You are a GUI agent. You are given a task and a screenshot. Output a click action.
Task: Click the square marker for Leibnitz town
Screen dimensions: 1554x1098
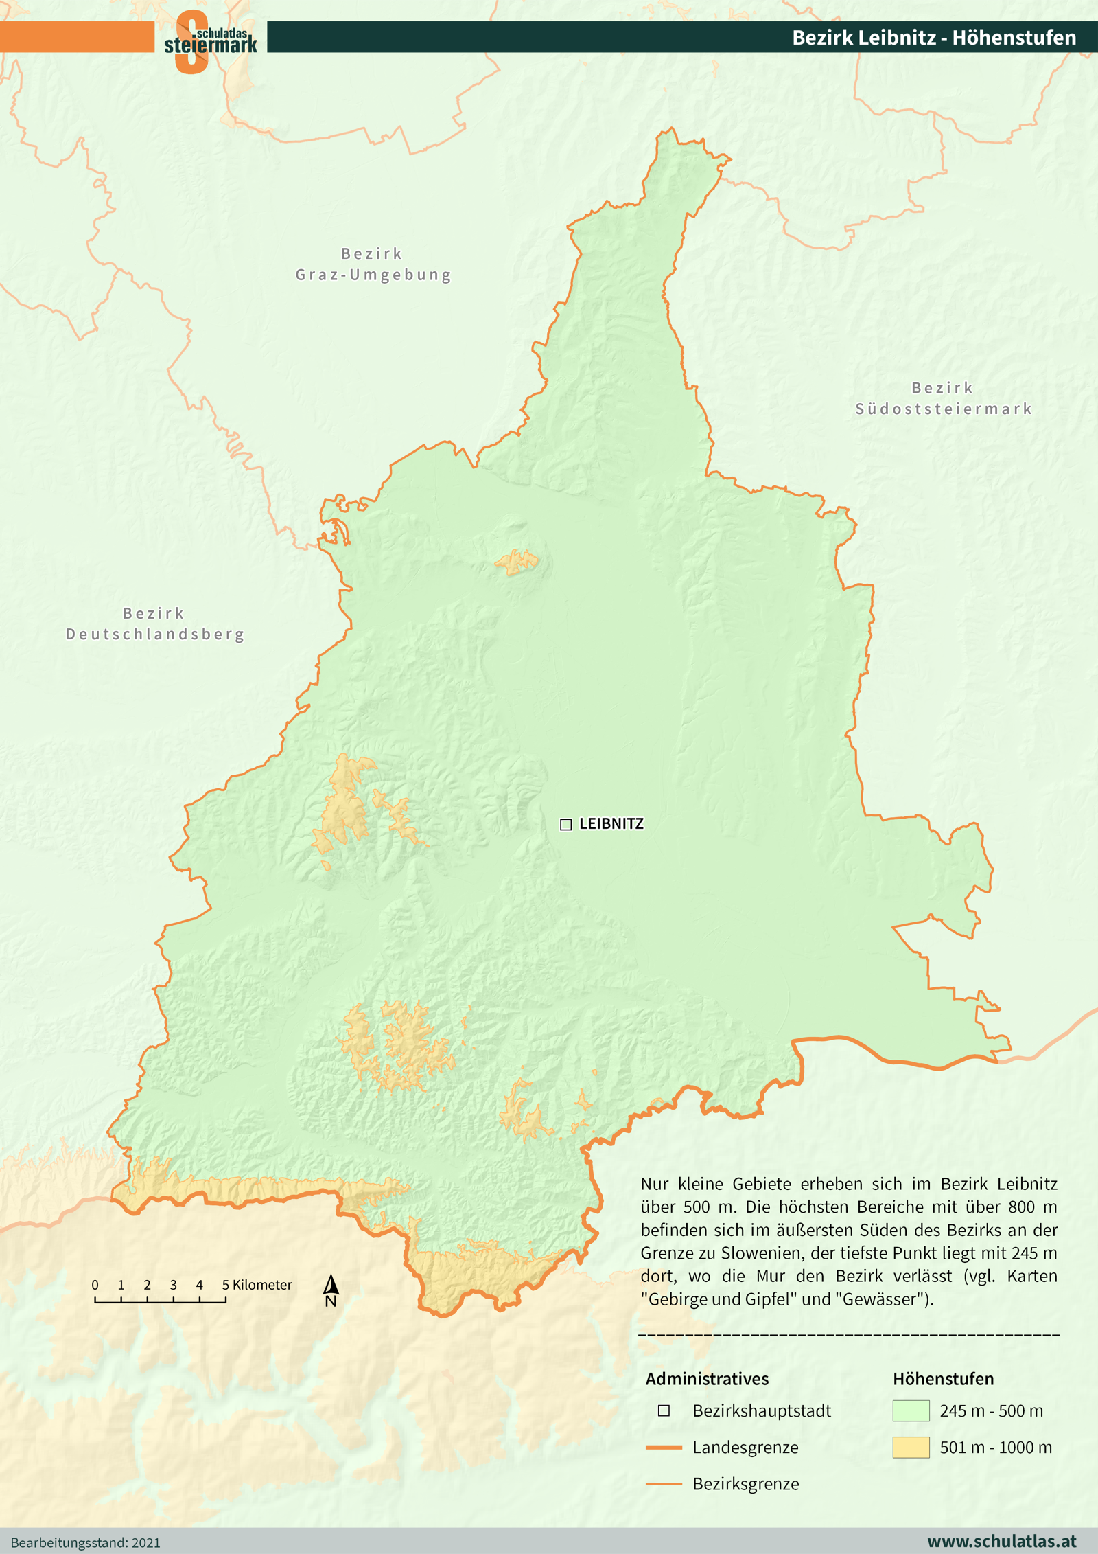565,824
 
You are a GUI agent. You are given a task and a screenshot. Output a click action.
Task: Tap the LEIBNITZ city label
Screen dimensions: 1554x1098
611,823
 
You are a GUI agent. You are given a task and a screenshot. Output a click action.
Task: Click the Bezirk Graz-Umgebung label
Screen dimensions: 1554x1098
373,264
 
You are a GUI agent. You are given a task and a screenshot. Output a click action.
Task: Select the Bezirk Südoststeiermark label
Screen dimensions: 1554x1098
943,398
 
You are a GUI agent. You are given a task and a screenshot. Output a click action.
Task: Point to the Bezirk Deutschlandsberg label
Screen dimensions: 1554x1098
155,624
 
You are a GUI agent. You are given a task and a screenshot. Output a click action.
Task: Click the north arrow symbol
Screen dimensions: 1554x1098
331,1290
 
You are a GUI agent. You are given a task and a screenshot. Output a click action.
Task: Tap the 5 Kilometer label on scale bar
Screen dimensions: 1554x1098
257,1284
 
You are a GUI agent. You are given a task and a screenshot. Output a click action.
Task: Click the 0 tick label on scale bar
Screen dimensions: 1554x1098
95,1284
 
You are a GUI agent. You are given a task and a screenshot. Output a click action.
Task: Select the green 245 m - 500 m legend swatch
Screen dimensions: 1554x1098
911,1410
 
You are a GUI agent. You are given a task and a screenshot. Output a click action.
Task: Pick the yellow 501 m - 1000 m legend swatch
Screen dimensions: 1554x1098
911,1447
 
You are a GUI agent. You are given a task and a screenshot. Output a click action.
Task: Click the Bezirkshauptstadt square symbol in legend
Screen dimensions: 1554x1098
664,1410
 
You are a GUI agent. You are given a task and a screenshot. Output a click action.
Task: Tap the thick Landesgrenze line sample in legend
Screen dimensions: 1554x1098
664,1447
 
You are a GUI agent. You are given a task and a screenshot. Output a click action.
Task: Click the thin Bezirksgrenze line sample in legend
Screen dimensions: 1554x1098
664,1483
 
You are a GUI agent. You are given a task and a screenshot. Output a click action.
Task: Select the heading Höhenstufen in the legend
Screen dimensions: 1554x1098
943,1378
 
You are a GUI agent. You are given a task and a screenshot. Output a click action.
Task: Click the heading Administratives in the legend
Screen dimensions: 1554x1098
707,1378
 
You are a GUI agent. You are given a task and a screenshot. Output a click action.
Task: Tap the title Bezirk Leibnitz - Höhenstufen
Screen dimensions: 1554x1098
933,37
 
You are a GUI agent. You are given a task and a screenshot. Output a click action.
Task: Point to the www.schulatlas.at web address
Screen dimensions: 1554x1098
1001,1541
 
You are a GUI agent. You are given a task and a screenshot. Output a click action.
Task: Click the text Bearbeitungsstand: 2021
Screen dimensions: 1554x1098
86,1542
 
